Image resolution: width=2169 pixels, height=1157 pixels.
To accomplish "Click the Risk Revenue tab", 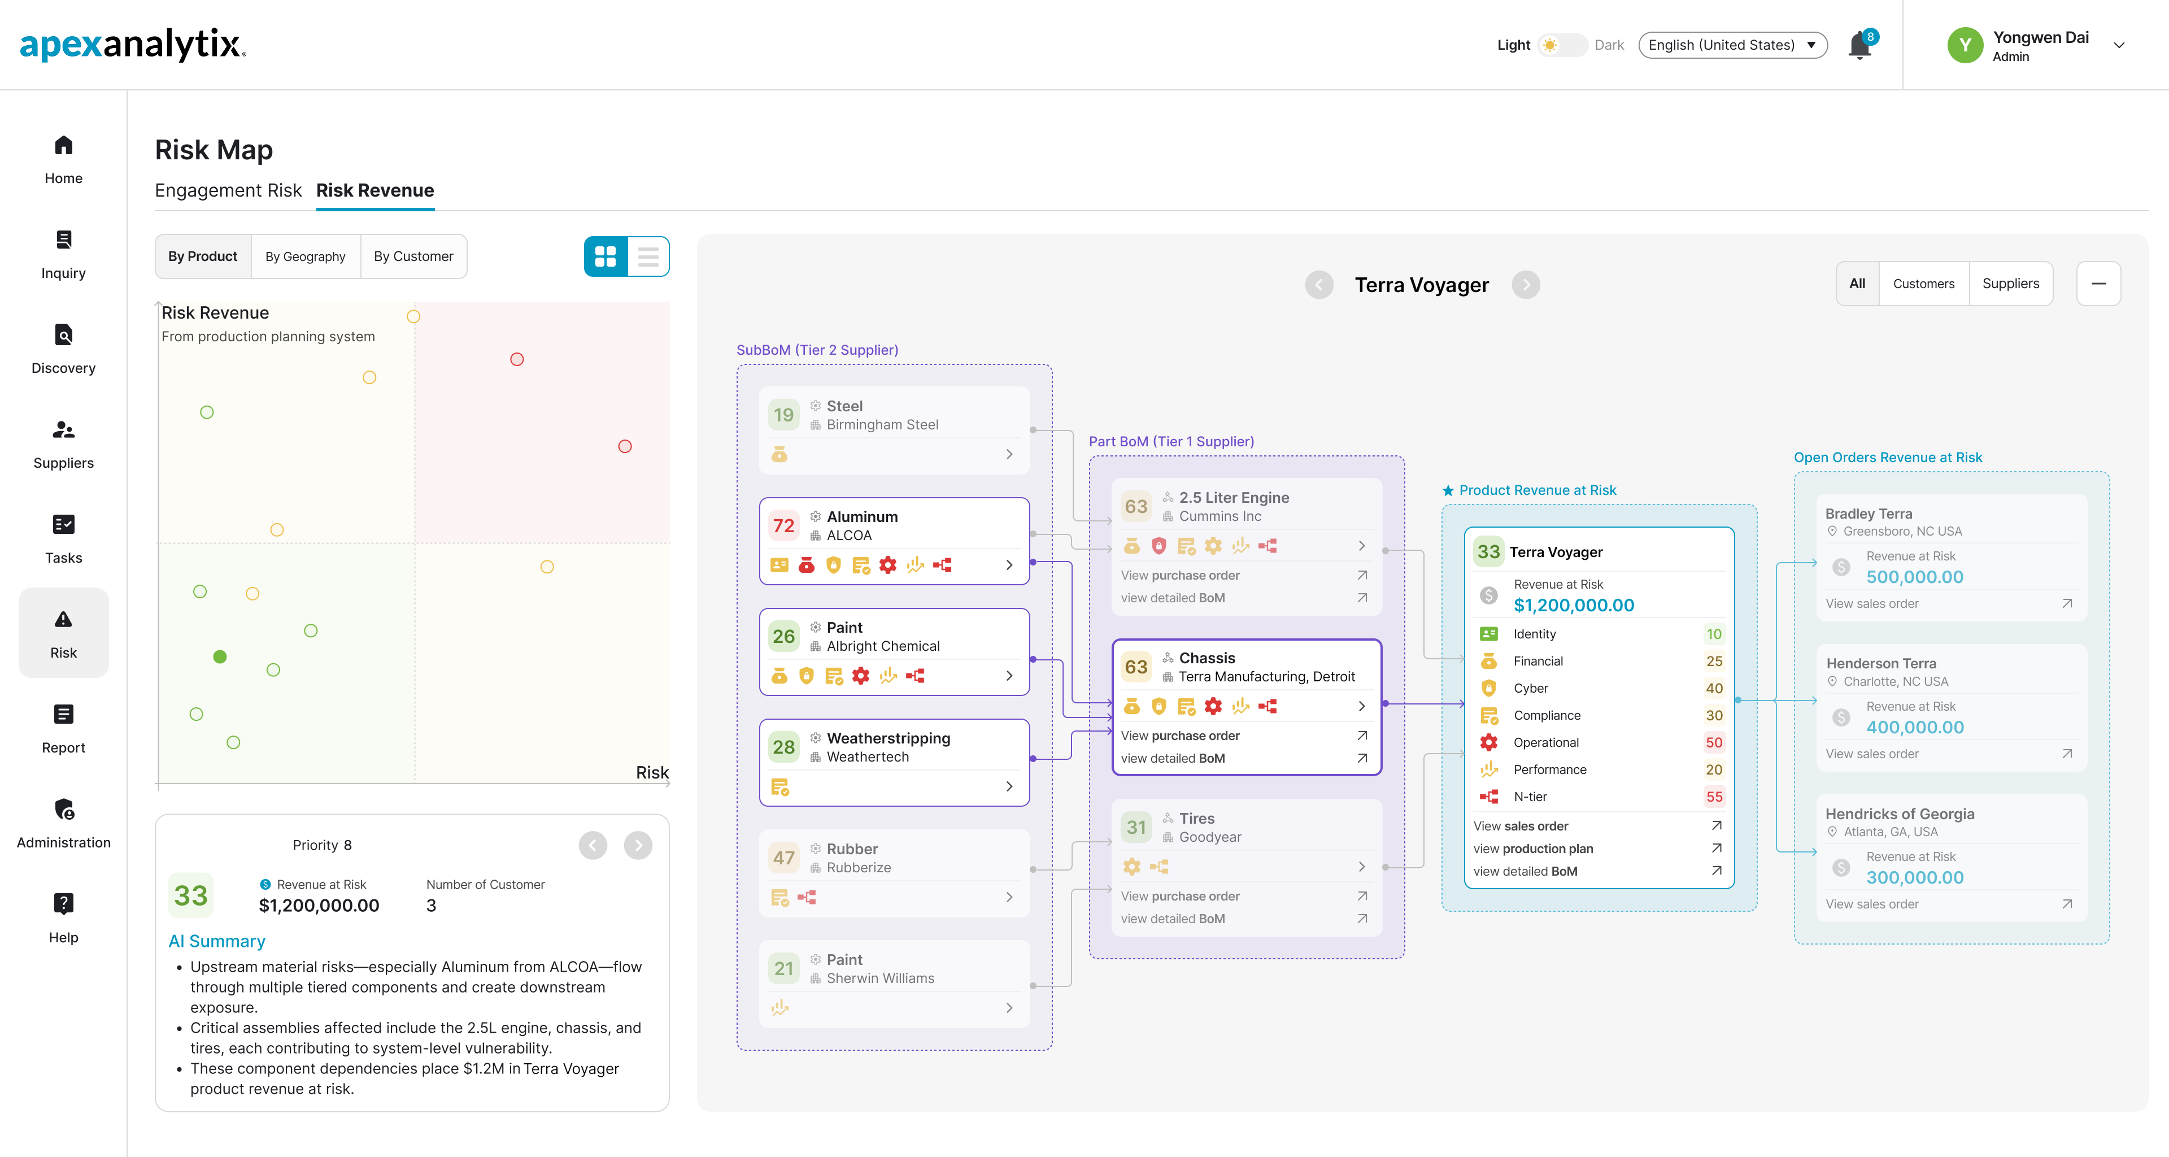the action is click(x=374, y=190).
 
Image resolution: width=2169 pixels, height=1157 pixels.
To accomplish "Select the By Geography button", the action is click(x=306, y=256).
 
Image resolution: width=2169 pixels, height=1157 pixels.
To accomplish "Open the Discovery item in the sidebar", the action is click(x=63, y=350).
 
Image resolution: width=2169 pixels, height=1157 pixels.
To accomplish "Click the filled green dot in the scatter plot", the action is click(x=220, y=657).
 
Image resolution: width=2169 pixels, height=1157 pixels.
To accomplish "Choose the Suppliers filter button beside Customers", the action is click(x=2011, y=284).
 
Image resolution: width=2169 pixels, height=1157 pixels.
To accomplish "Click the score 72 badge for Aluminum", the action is click(x=783, y=525).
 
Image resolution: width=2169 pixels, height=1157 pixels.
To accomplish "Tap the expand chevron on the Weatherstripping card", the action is click(x=1009, y=786).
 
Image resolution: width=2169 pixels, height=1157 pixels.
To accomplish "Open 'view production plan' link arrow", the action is click(x=1716, y=848).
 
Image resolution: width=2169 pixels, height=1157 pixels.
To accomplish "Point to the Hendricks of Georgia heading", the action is click(x=1900, y=814).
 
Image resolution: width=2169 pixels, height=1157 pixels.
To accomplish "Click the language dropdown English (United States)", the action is click(x=1732, y=45).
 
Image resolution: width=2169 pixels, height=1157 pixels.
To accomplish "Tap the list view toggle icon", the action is click(x=647, y=256).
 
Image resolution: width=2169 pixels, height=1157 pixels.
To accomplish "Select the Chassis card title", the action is click(x=1207, y=658).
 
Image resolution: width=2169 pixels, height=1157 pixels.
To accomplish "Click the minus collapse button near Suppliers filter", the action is click(x=2098, y=284).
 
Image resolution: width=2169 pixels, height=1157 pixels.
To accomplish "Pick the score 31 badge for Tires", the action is click(x=1136, y=827).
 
